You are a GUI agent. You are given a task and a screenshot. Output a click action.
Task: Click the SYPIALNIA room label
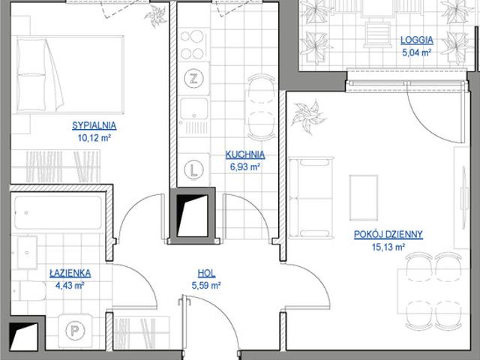point(94,125)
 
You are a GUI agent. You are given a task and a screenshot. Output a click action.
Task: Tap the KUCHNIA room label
point(245,154)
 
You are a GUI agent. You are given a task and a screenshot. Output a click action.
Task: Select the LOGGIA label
point(417,40)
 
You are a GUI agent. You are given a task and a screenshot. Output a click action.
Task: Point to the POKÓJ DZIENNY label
point(388,235)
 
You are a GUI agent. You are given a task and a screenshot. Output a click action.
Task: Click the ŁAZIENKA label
point(70,273)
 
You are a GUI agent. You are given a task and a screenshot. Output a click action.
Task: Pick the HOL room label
point(206,273)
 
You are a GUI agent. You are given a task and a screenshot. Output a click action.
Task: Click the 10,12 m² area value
point(94,138)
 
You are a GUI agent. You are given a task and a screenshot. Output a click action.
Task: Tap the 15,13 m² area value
point(388,247)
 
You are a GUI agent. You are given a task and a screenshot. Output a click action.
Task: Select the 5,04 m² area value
point(417,52)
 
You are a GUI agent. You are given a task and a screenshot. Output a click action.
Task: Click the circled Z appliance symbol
point(193,79)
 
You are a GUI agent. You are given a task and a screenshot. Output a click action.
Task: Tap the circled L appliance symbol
point(193,169)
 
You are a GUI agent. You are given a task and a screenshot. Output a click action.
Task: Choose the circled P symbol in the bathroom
point(75,330)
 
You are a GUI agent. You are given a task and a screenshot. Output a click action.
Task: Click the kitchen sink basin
point(193,108)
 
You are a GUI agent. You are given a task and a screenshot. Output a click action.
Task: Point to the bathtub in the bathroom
point(58,212)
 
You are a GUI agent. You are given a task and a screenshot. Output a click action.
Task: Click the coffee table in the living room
point(364,198)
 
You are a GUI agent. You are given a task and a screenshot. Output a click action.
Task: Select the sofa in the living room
point(311,198)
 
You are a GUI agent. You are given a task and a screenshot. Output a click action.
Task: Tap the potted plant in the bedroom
point(156,16)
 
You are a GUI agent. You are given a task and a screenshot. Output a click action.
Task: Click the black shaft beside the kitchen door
point(192,216)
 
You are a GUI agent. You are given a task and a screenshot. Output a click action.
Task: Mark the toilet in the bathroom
point(29,290)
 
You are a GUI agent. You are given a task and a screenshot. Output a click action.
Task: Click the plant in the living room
point(308,116)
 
